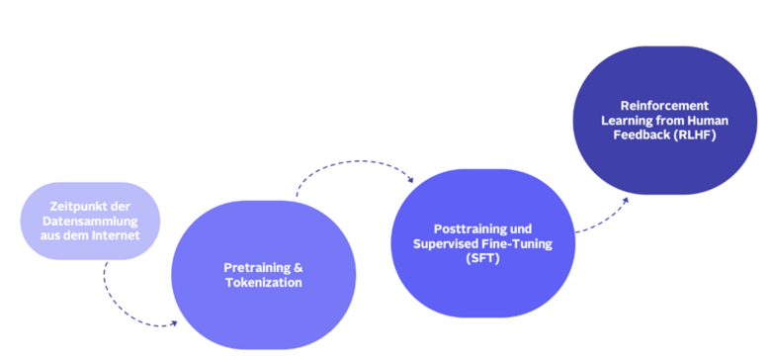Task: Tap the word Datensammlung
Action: (89, 221)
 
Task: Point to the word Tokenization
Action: (263, 283)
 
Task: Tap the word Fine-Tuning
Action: (521, 243)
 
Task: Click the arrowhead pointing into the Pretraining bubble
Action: (173, 322)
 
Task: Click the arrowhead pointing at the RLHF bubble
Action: (624, 199)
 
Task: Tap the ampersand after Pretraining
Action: (300, 268)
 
